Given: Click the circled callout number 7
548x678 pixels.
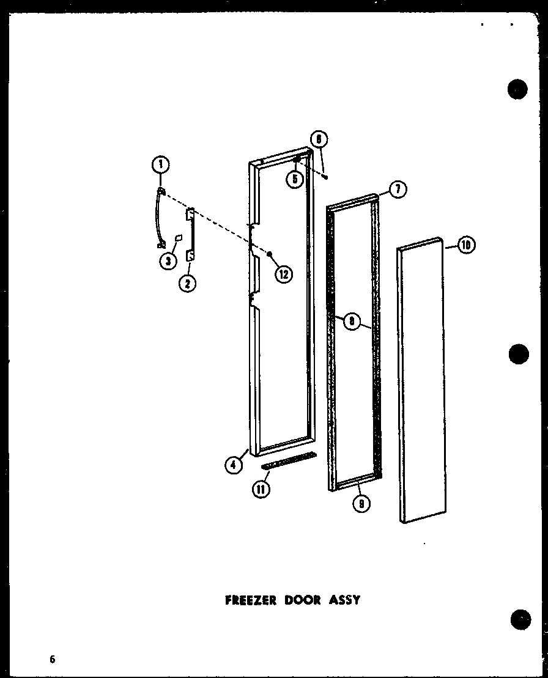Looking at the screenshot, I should [398, 190].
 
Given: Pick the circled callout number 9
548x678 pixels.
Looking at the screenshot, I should [363, 504].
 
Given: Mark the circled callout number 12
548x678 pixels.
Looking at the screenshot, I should [282, 274].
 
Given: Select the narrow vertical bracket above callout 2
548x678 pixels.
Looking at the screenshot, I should [191, 235].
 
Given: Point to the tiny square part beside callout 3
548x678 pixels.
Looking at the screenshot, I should [179, 237].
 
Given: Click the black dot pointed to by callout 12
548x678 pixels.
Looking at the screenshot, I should [268, 253].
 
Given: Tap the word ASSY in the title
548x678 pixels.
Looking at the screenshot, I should [346, 600].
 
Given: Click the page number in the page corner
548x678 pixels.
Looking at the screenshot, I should [53, 659].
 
